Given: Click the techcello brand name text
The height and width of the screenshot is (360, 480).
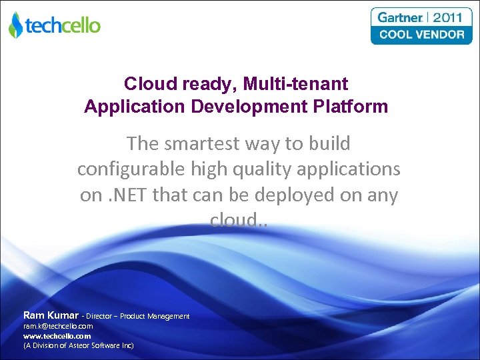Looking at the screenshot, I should [63, 25].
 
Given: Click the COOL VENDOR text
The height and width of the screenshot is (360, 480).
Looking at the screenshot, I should [421, 34].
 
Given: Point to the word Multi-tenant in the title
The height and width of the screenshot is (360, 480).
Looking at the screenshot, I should [295, 84].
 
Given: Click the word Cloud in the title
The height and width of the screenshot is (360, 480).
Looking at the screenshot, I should [147, 84].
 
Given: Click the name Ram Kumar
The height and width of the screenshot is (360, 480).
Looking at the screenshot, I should [51, 315].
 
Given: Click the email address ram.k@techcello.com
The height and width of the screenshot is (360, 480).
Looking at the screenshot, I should [58, 326].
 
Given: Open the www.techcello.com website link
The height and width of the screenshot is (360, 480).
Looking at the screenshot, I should [57, 336].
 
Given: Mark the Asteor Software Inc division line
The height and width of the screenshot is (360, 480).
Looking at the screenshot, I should [79, 345].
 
